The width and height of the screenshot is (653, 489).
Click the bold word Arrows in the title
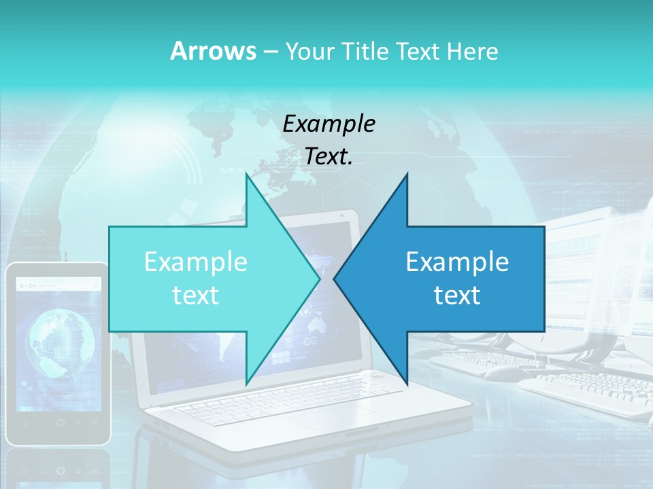(213, 51)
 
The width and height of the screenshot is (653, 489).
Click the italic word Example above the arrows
(329, 124)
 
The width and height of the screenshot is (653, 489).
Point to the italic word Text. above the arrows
(329, 157)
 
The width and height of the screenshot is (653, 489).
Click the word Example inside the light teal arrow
(196, 262)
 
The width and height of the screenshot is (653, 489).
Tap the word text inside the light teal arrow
(196, 295)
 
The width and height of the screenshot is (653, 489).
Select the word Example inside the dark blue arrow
(457, 262)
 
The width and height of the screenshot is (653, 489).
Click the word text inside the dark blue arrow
(457, 295)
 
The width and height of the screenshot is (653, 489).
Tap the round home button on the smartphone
(60, 422)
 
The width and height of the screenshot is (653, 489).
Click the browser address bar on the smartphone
(60, 285)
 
